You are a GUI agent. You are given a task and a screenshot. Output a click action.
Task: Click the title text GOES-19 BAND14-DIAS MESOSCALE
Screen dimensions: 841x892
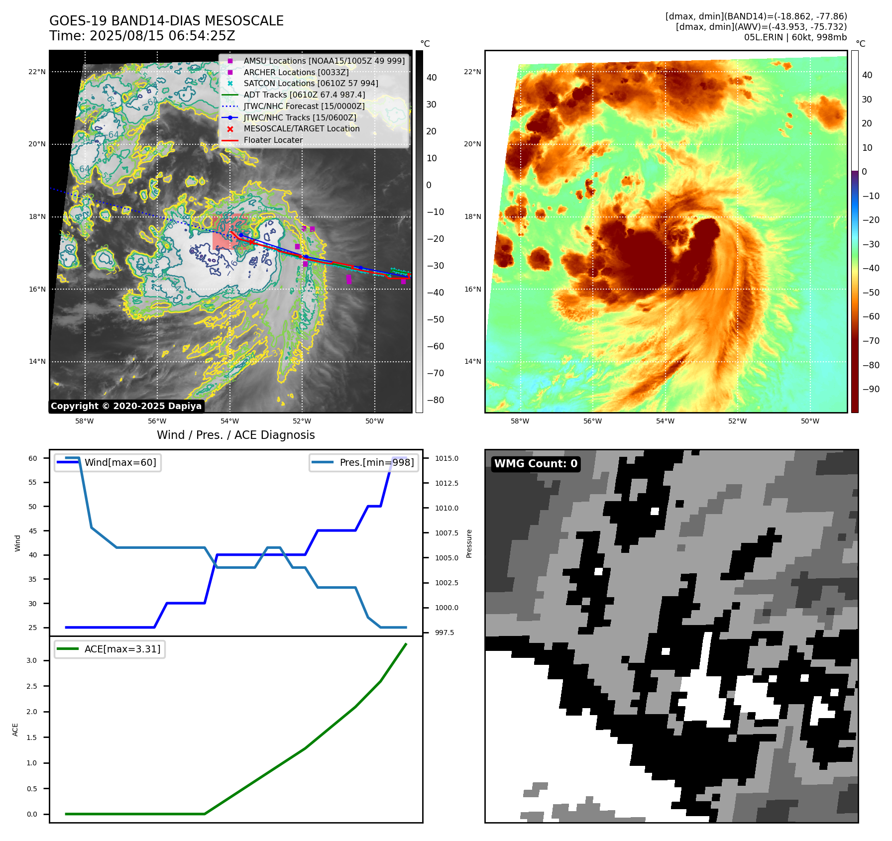(x=166, y=21)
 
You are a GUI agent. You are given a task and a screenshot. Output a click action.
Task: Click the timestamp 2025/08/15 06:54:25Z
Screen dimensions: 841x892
(x=162, y=36)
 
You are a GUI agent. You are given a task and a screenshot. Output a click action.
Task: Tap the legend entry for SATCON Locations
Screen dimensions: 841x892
(x=311, y=83)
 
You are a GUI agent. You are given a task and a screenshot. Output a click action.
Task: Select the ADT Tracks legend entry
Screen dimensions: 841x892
(x=304, y=95)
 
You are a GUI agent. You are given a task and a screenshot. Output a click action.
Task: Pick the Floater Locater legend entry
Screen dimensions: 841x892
(x=273, y=140)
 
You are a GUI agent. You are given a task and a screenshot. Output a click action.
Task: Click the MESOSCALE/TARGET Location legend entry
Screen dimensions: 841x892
(x=301, y=128)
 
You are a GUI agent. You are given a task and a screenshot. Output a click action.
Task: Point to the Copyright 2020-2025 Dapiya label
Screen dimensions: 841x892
(x=126, y=406)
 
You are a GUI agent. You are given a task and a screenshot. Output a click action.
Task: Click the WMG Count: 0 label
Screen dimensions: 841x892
(x=536, y=464)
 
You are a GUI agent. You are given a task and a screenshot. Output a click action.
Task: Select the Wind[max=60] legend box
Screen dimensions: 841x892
(x=108, y=462)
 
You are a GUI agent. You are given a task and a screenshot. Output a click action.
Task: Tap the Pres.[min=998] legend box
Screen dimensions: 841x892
(x=364, y=462)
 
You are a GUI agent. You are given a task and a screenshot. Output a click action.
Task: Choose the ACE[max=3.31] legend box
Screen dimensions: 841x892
(x=110, y=649)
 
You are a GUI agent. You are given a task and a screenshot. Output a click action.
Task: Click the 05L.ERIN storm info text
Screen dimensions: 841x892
(x=795, y=37)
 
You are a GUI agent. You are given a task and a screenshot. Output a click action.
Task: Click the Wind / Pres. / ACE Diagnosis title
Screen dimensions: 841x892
(x=235, y=435)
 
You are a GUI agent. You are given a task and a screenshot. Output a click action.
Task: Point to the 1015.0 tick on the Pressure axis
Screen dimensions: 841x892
(x=446, y=458)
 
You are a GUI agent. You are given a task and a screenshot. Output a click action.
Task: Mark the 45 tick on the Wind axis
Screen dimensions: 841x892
(x=32, y=531)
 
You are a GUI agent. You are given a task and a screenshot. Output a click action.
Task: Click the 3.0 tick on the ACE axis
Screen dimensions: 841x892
(x=31, y=660)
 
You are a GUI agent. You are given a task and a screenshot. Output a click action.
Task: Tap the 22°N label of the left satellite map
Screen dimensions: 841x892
(x=37, y=72)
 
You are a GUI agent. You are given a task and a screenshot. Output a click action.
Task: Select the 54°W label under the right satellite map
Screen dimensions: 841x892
(x=665, y=421)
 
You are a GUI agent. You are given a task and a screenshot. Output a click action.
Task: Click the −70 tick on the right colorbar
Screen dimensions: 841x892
(x=871, y=341)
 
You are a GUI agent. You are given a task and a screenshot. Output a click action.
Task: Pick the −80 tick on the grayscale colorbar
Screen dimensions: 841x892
(x=435, y=400)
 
